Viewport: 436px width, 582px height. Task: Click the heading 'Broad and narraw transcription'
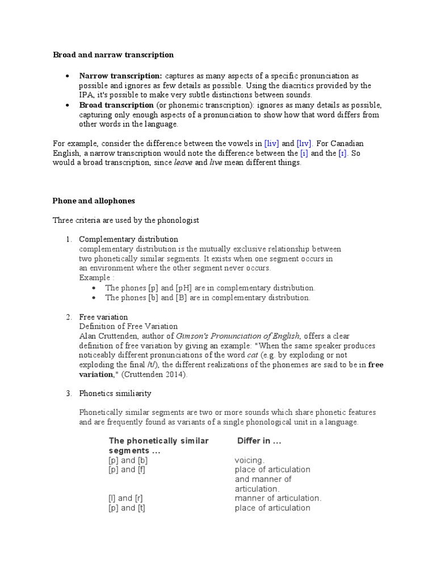(x=113, y=55)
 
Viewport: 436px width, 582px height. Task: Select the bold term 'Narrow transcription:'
(x=120, y=76)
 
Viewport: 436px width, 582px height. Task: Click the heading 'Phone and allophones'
(x=93, y=201)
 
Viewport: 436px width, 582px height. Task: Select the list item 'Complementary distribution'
(x=128, y=239)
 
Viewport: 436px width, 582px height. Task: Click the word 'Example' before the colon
(x=94, y=278)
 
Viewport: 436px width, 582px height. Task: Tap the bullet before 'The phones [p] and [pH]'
(x=94, y=288)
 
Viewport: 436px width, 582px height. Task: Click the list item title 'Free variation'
(x=103, y=317)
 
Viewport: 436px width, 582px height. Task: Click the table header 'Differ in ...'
(x=259, y=441)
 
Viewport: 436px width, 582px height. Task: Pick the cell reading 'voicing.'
(x=250, y=460)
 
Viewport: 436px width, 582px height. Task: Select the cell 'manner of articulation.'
(x=278, y=498)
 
